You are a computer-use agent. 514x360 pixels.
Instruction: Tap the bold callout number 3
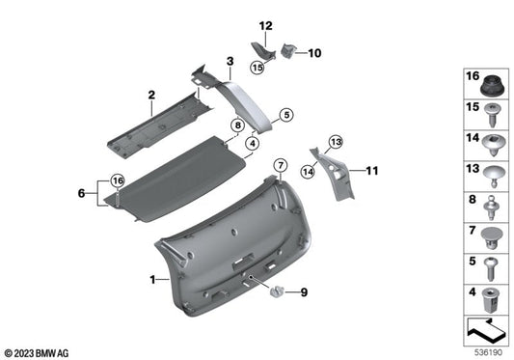pyautogui.click(x=230, y=61)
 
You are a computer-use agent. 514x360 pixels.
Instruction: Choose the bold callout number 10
pyautogui.click(x=313, y=54)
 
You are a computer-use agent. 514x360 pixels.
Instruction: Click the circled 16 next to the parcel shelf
pyautogui.click(x=117, y=180)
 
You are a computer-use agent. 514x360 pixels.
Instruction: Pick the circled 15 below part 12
pyautogui.click(x=258, y=69)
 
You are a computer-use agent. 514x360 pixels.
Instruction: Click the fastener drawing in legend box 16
pyautogui.click(x=492, y=83)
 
